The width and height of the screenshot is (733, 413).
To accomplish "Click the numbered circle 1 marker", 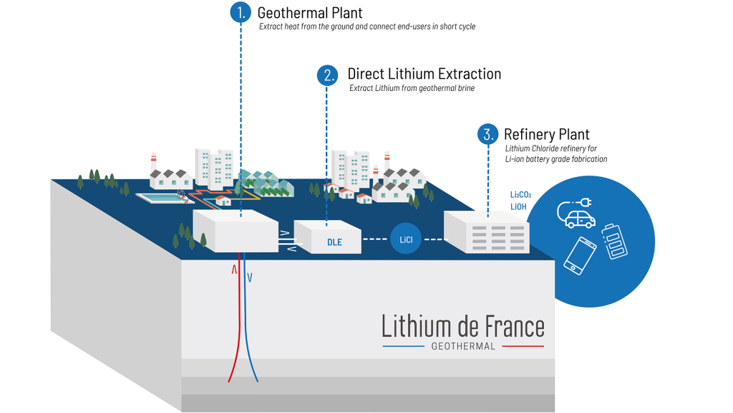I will coord(241,12).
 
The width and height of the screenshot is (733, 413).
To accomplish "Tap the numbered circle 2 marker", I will coord(327,75).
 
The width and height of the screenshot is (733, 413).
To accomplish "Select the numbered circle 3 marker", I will coord(487,134).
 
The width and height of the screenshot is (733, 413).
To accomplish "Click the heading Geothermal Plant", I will coord(309,13).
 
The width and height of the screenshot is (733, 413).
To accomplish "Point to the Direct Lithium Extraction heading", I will coord(424,74).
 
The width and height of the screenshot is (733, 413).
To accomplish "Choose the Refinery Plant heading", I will coord(546,134).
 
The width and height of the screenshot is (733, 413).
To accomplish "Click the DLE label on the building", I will coord(334,242).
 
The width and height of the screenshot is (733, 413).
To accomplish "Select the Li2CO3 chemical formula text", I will coord(520,195).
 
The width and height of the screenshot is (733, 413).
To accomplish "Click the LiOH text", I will coord(518,206).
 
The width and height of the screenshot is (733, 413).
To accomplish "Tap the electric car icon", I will coord(577,213).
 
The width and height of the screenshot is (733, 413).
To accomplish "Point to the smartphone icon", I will coord(580,255).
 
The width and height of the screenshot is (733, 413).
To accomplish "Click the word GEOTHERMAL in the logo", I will coord(463,346).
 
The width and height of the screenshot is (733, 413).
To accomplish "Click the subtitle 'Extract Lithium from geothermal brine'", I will coord(412,88).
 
